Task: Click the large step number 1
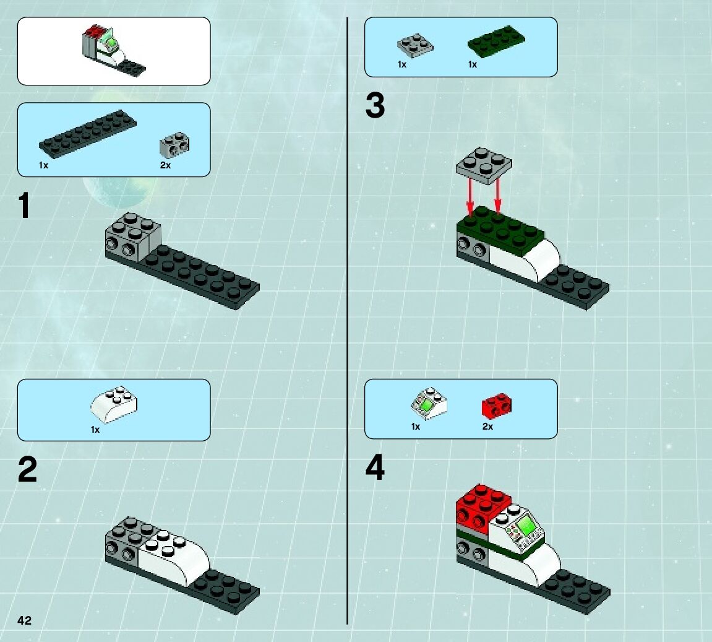tap(24, 206)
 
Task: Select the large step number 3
tap(375, 105)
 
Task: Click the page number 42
tap(25, 620)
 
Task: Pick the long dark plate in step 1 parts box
tap(88, 134)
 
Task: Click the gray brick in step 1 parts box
tap(174, 145)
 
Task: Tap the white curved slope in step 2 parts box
tap(114, 404)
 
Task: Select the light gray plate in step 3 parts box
tap(415, 46)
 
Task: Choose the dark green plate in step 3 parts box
tap(496, 41)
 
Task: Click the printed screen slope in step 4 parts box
tap(428, 403)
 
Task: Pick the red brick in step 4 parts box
tap(496, 405)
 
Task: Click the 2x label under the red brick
tap(487, 426)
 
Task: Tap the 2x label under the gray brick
tap(165, 165)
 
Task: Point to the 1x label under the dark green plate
tap(473, 64)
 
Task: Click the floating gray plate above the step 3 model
tap(484, 165)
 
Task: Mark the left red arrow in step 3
tap(470, 197)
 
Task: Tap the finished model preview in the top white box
tap(114, 50)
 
